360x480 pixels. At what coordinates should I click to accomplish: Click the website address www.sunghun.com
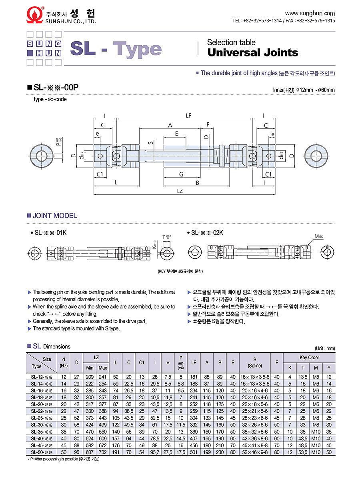click(x=310, y=13)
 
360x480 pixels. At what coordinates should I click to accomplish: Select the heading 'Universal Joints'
click(x=252, y=52)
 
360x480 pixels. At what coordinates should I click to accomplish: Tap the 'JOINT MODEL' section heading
click(x=54, y=216)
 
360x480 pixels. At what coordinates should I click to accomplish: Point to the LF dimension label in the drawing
click(x=188, y=116)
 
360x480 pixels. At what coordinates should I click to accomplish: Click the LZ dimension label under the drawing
click(x=180, y=191)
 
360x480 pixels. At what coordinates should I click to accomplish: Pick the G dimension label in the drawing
click(x=181, y=174)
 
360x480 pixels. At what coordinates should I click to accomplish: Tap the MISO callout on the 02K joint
click(x=319, y=236)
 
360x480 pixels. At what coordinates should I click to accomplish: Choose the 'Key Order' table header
click(x=309, y=358)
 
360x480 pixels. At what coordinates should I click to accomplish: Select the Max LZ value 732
click(x=103, y=452)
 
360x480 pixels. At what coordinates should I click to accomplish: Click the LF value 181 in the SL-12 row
click(x=194, y=377)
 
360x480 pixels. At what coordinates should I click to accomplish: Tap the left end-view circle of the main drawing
click(x=41, y=155)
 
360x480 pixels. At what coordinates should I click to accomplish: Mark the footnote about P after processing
click(x=64, y=459)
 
